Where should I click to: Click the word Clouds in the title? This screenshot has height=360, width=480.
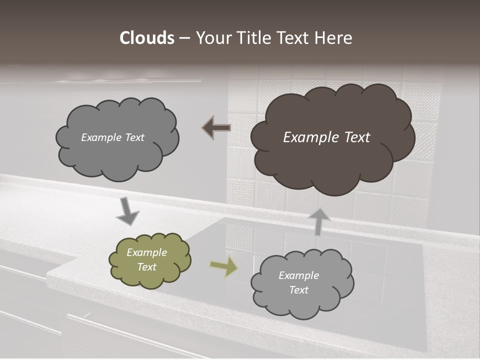[147, 38]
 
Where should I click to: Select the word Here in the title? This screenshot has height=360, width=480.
[334, 38]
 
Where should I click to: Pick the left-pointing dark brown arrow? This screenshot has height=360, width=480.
[216, 128]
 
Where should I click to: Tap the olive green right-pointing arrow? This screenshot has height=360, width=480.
[223, 267]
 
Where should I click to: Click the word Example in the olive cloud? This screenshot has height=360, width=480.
[146, 252]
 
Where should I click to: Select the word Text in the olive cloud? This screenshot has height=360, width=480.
[146, 267]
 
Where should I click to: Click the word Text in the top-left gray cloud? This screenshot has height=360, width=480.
[134, 137]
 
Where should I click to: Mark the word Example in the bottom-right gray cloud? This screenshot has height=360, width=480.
[298, 275]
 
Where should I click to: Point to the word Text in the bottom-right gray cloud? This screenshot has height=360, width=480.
[298, 290]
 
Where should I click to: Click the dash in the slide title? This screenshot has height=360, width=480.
[183, 38]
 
